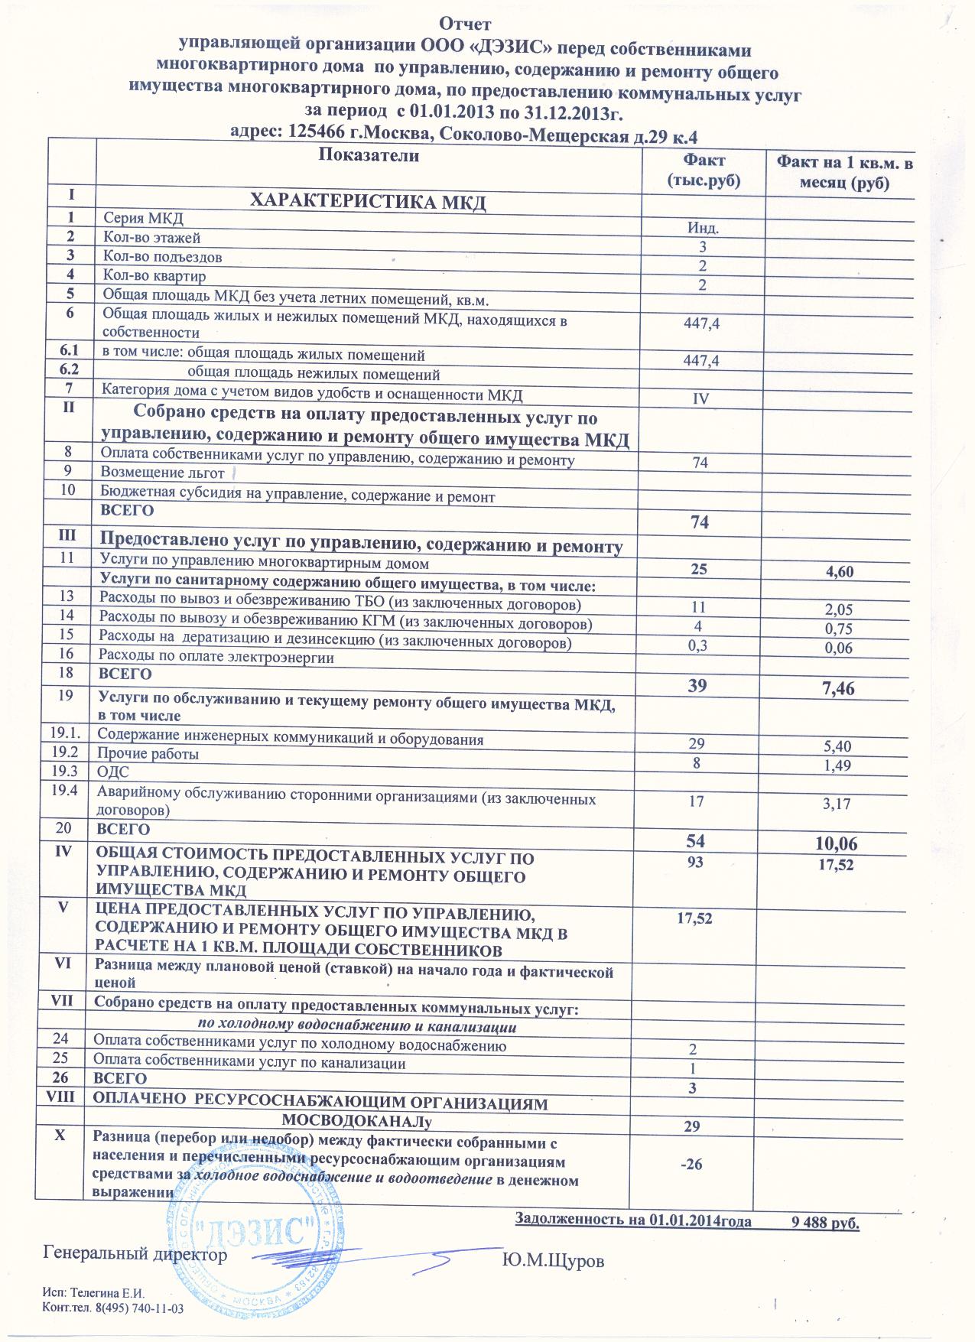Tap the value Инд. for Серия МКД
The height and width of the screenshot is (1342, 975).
pos(703,228)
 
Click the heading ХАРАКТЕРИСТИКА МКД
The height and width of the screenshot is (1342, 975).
pos(369,203)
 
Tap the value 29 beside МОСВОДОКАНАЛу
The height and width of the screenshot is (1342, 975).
pos(694,1126)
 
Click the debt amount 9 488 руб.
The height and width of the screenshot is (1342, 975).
pos(826,1222)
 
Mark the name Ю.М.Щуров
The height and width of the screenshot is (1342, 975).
pos(553,1261)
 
